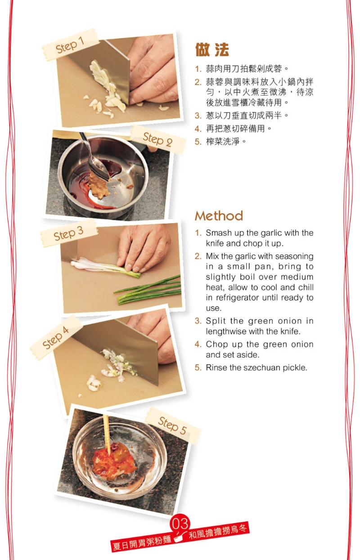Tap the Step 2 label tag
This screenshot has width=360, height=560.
(157, 139)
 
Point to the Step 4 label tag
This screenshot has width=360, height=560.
(56, 338)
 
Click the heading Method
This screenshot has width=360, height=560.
(219, 216)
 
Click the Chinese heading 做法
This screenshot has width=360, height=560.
(212, 50)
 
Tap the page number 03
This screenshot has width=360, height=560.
(180, 523)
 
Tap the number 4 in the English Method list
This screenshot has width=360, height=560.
(198, 345)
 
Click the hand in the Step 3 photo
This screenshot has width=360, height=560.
(144, 247)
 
